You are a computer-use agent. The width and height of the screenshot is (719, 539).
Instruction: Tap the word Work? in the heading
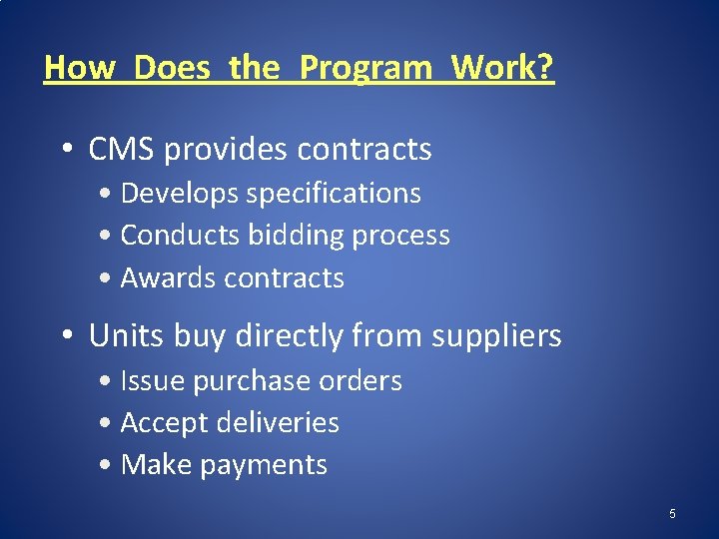(502, 68)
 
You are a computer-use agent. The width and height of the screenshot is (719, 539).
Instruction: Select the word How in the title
(81, 68)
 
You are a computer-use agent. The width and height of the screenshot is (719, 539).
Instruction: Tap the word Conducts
(180, 236)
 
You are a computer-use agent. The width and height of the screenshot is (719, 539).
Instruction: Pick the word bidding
(294, 236)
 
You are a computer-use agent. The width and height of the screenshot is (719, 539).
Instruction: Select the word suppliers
(496, 336)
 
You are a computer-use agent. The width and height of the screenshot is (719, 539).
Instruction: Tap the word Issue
(152, 381)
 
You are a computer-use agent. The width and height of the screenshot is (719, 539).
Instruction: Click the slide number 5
(672, 514)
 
